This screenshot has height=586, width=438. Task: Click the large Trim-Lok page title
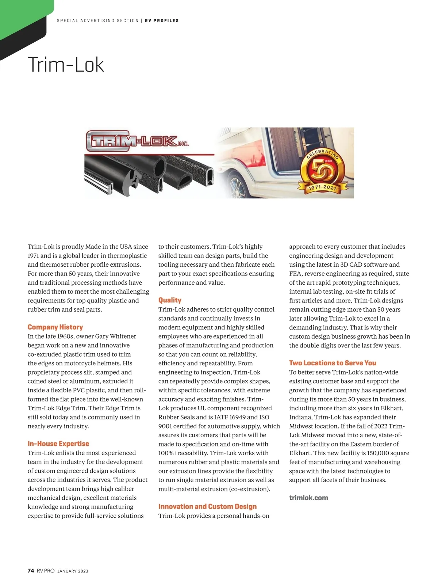click(66, 65)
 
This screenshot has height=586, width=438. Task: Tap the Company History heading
click(55, 327)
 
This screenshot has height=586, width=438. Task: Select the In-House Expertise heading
click(58, 444)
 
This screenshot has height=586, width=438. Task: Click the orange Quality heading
click(170, 300)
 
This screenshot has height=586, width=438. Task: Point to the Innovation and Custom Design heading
click(207, 506)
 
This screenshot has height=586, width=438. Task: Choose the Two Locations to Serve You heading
click(333, 363)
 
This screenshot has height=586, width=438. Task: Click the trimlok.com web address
click(308, 498)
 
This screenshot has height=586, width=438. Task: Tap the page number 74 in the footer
click(31, 571)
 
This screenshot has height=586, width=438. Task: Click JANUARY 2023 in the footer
click(73, 571)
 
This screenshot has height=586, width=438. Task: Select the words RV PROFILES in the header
click(162, 21)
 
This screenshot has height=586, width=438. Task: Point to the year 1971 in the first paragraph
click(33, 256)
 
